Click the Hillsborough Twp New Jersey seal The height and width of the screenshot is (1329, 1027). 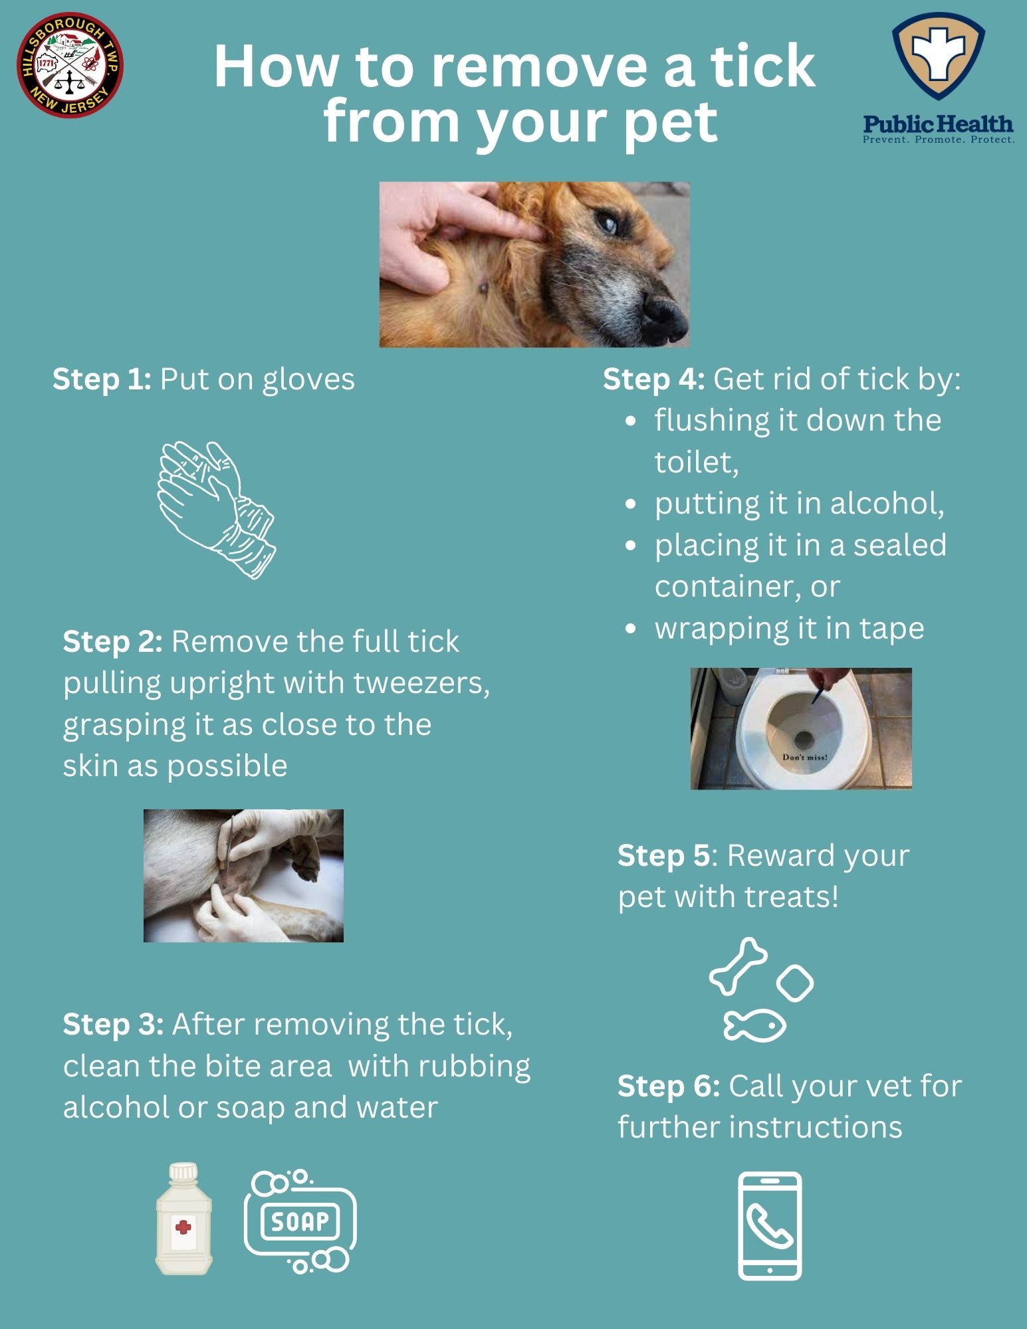[x=70, y=64]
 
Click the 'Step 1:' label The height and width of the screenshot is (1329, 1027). [x=102, y=379]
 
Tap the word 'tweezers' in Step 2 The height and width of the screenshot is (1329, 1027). [x=419, y=683]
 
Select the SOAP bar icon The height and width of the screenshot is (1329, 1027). [x=300, y=1221]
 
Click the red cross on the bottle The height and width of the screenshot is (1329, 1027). [x=183, y=1226]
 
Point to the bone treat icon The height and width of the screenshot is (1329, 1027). [x=738, y=966]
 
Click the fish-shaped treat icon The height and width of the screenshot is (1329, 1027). [x=754, y=1025]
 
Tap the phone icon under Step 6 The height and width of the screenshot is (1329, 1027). [x=770, y=1226]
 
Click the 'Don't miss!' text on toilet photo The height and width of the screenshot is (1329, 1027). [x=804, y=758]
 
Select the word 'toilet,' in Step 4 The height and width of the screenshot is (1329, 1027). [x=696, y=462]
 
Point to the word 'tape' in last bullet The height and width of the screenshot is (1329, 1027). [x=891, y=629]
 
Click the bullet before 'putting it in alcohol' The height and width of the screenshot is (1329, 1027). [x=631, y=504]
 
